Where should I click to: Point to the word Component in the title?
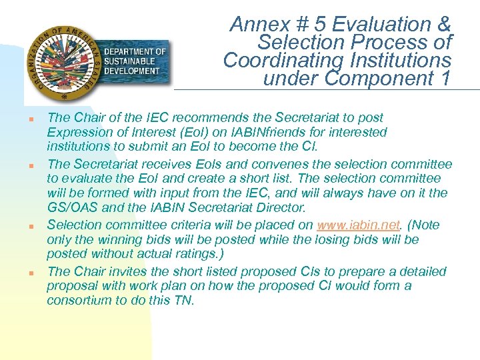[x=379, y=79]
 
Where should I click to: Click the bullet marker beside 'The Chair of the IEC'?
[x=31, y=119]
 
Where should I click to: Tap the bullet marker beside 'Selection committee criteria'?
[x=31, y=227]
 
